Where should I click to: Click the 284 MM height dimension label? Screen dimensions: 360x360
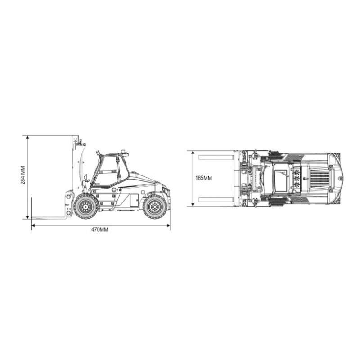(22, 176)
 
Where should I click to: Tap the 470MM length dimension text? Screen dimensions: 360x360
(100, 229)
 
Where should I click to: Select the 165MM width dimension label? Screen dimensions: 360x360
(203, 178)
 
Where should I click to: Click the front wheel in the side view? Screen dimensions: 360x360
(85, 207)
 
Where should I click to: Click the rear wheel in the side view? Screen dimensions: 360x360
(155, 207)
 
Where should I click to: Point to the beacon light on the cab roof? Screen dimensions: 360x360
(123, 152)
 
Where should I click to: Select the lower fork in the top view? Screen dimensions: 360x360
(215, 199)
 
